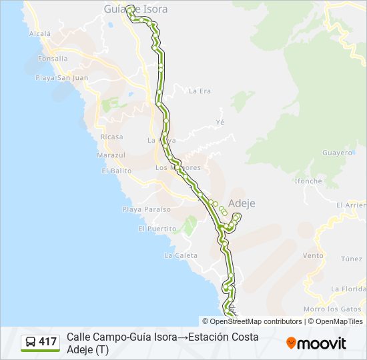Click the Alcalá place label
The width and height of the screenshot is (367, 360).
point(40,33)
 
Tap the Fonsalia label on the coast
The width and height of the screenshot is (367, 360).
point(53,59)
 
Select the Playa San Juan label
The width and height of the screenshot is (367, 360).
point(63,77)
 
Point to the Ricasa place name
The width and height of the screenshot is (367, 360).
point(111,137)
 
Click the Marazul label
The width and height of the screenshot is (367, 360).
point(111,155)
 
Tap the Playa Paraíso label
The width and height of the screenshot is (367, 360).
point(146,209)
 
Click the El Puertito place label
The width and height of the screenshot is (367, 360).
point(157,229)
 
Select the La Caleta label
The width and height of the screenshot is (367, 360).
point(180,255)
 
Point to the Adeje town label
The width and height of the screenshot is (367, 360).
point(242,203)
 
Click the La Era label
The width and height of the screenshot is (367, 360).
point(200,91)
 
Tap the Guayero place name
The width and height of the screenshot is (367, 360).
point(336,153)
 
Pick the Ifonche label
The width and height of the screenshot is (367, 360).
point(308,181)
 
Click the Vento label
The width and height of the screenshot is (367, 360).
point(313,255)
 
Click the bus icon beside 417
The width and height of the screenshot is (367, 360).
point(31,343)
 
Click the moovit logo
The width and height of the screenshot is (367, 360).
point(316,343)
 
